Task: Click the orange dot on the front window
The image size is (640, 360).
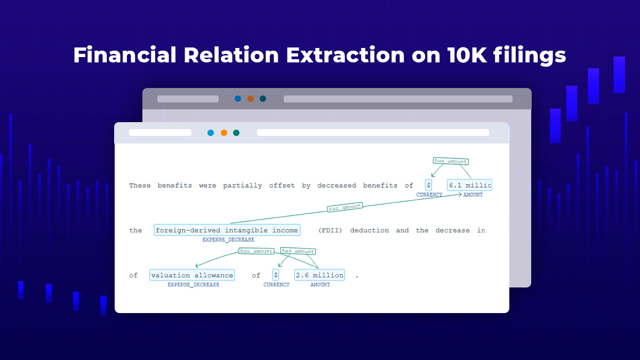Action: tap(224, 133)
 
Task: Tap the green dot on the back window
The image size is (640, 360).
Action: tap(263, 99)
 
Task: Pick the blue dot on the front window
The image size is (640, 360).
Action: tap(211, 133)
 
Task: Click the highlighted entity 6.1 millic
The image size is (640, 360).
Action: tap(469, 185)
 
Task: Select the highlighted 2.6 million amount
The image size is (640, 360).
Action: tap(319, 275)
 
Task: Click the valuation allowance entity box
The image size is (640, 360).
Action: tap(192, 275)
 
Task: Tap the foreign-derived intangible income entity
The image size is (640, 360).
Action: tap(227, 230)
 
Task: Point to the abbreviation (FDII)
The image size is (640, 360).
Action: tap(330, 230)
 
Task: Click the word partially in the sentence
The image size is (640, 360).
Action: tap(243, 186)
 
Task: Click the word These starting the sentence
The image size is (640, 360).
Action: tap(140, 186)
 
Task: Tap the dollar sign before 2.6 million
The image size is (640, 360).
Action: tap(276, 275)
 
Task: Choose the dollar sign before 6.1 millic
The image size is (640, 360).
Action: tap(428, 185)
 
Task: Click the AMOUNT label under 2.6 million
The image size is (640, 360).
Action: tap(320, 285)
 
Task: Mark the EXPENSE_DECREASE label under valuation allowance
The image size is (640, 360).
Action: tap(193, 285)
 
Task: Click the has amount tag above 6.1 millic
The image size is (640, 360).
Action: tap(450, 161)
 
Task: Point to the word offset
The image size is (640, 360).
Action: tap(282, 186)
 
